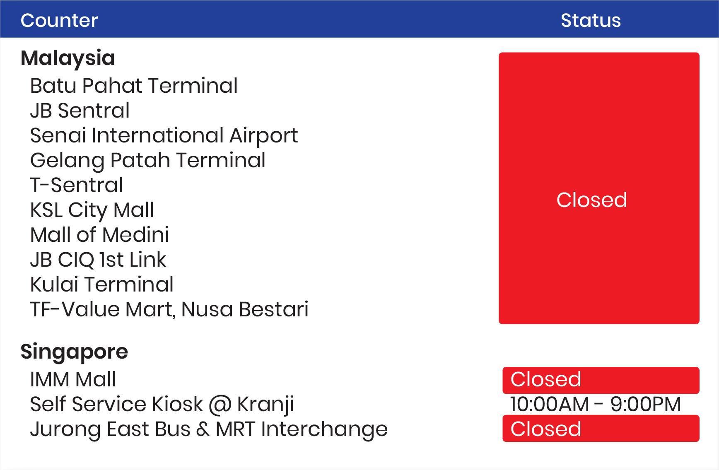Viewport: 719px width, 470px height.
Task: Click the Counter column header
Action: tap(59, 20)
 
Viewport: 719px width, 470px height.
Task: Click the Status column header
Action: tap(591, 20)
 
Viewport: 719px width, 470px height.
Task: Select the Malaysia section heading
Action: tap(68, 58)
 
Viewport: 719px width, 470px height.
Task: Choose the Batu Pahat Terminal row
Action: tap(134, 86)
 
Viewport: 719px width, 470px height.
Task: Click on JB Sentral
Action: tap(80, 111)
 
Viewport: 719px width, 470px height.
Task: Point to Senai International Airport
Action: tap(164, 136)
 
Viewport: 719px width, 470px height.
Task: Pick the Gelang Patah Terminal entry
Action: tap(148, 161)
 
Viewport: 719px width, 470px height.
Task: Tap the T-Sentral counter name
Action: tap(77, 185)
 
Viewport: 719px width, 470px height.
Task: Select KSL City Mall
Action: tap(92, 210)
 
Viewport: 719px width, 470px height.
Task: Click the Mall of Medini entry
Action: tap(99, 235)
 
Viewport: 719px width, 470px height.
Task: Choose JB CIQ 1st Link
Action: tap(98, 260)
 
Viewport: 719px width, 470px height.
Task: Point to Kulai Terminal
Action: tap(102, 284)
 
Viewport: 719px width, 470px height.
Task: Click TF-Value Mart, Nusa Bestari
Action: tap(169, 310)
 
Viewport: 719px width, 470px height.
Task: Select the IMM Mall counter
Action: tap(73, 379)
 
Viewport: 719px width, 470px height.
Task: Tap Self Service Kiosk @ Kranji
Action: tap(162, 405)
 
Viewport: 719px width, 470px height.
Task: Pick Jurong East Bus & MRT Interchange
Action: tap(209, 429)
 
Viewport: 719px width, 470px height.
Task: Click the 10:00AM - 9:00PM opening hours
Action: tap(595, 404)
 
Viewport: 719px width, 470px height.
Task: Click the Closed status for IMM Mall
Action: tap(601, 380)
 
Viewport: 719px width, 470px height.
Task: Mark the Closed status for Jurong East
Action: tap(601, 429)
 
